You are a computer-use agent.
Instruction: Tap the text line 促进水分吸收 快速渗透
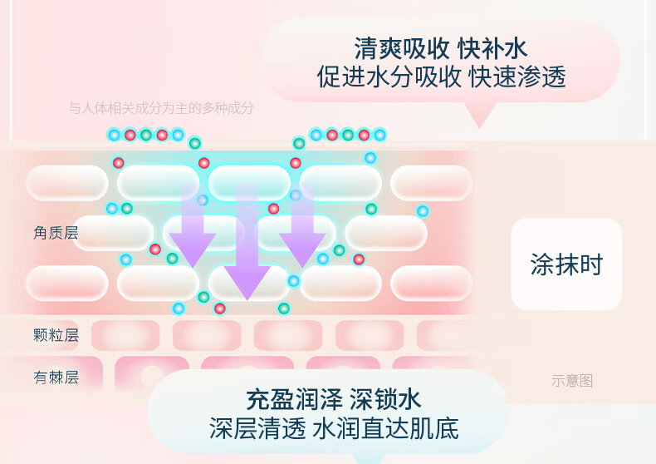[x=441, y=77]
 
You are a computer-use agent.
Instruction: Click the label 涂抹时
[x=566, y=264]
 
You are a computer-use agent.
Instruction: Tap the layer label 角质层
[x=56, y=233]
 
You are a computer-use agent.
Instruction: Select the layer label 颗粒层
[x=56, y=335]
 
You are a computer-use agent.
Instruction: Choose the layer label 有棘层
[x=56, y=378]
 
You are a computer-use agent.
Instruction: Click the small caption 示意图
[x=572, y=381]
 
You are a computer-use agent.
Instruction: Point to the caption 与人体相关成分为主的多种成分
[x=160, y=108]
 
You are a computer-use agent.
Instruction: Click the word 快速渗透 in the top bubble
[x=516, y=77]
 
